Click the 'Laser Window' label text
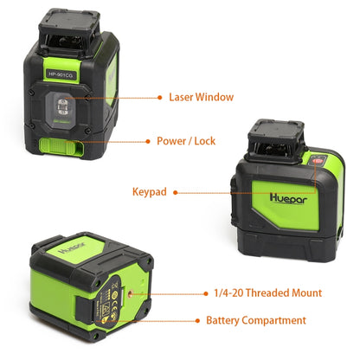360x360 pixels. coord(201,97)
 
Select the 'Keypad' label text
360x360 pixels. coord(149,191)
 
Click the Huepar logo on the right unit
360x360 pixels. coord(270,184)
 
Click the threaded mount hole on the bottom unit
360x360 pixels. coord(130,294)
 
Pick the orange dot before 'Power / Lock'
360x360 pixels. coord(146,140)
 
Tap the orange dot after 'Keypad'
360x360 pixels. coord(176,191)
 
